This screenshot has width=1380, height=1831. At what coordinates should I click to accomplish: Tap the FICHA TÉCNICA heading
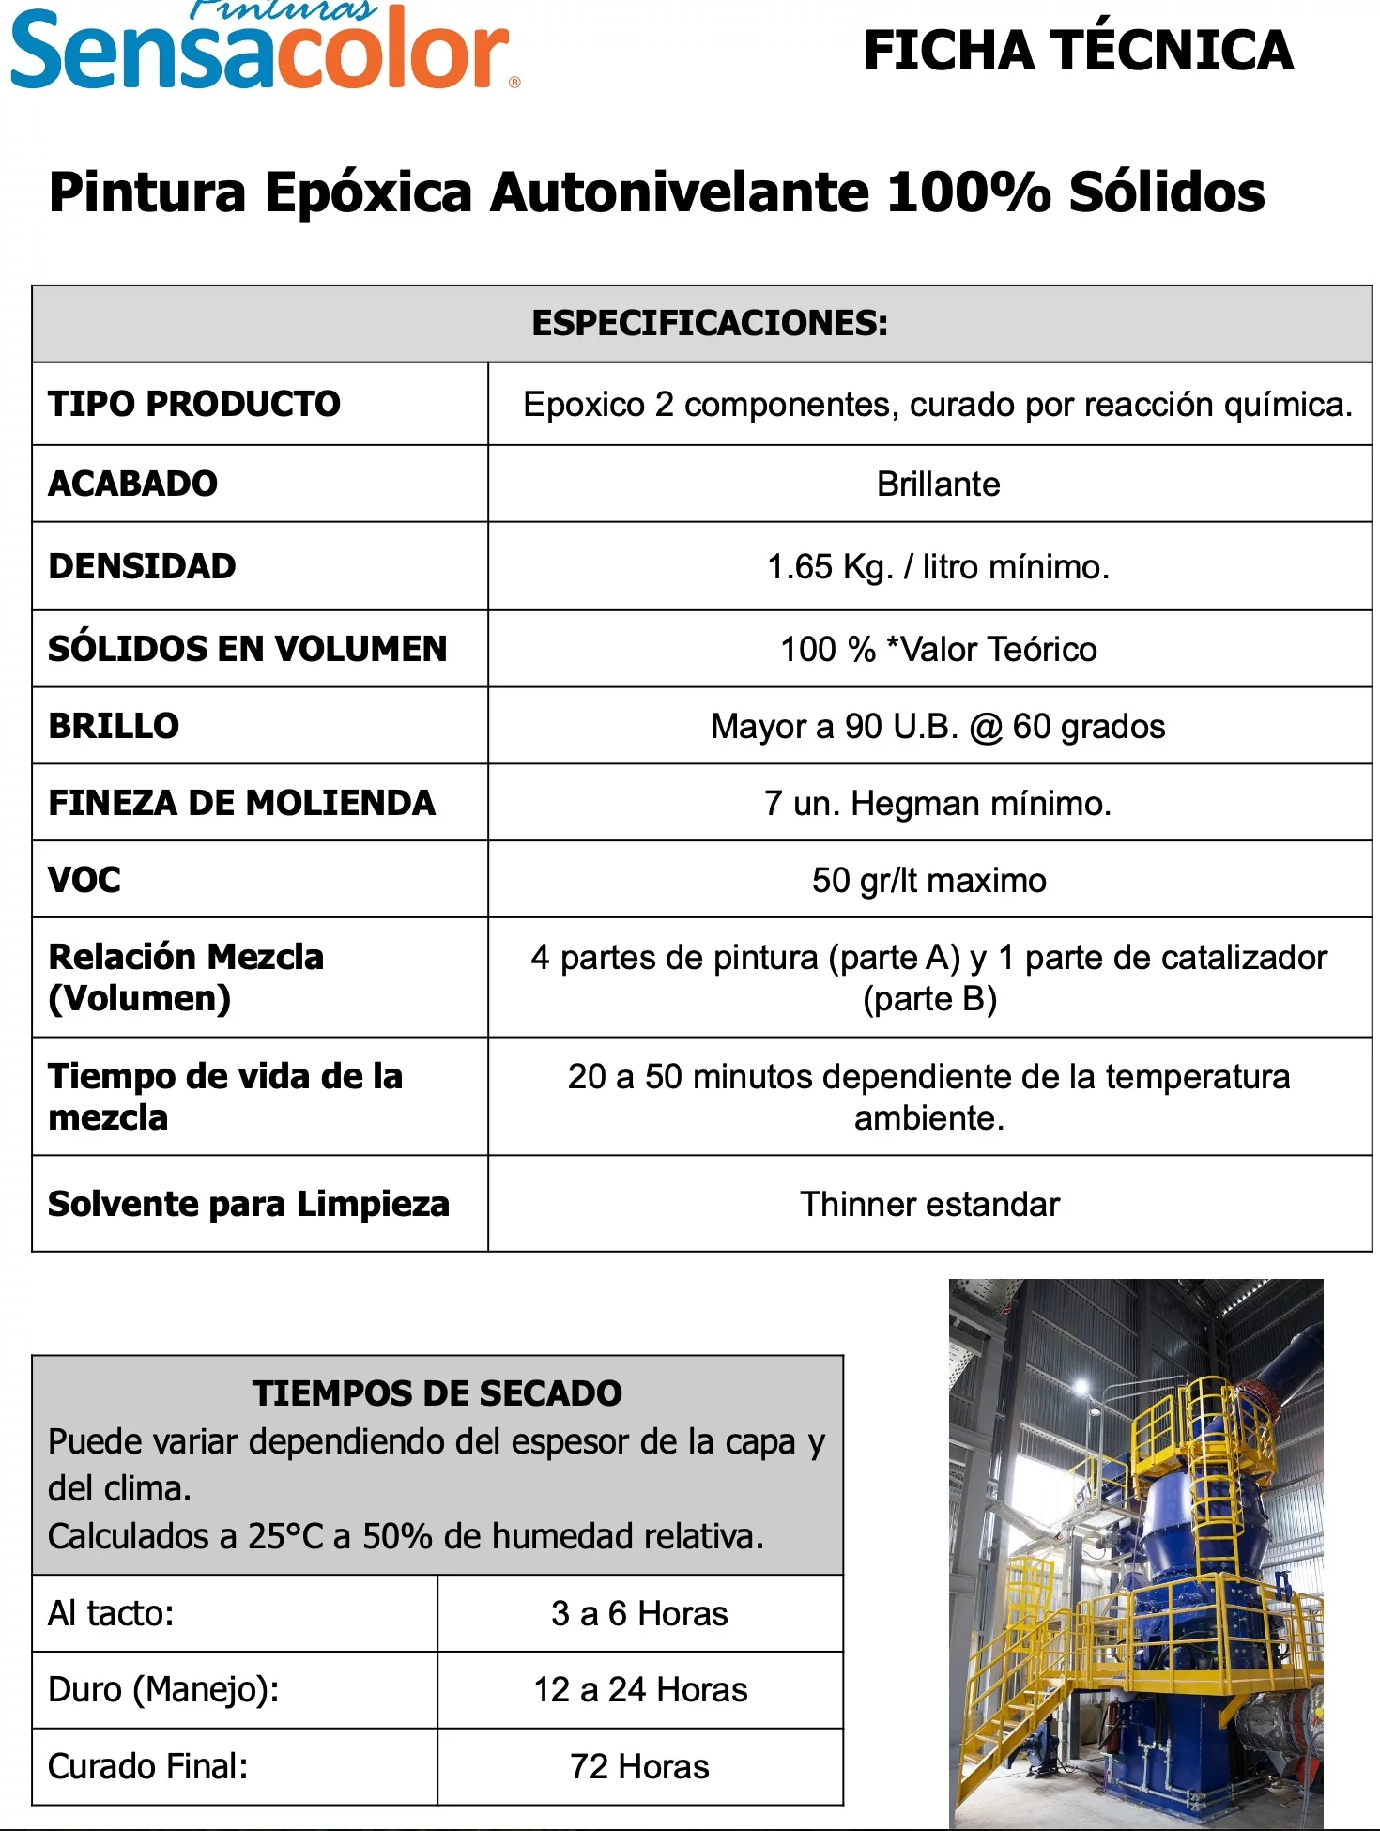(1078, 51)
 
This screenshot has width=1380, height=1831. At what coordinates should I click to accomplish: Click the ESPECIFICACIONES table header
(709, 323)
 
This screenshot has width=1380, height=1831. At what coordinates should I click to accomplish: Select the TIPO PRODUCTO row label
(194, 404)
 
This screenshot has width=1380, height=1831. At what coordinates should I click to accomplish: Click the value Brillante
(938, 485)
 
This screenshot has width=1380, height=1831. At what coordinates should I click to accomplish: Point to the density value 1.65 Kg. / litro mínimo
(938, 567)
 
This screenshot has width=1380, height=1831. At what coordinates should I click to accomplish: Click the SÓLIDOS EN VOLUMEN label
(248, 649)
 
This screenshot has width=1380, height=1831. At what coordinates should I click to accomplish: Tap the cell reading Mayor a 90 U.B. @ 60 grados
(938, 727)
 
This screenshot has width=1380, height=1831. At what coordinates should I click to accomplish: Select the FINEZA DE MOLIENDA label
(242, 803)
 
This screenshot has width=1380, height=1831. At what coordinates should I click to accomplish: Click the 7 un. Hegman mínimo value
(938, 804)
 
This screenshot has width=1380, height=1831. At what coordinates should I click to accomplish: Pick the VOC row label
(84, 880)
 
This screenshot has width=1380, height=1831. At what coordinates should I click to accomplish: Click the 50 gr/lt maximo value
(929, 881)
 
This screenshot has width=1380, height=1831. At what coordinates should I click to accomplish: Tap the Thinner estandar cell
(929, 1205)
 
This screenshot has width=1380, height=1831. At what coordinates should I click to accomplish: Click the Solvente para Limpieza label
(249, 1204)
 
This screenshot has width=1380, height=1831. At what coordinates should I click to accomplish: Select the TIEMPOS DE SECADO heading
(437, 1393)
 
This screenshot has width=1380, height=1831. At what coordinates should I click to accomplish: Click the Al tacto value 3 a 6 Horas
(639, 1614)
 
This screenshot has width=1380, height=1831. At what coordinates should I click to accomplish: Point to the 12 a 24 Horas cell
(640, 1690)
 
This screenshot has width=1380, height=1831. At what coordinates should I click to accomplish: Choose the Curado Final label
(148, 1767)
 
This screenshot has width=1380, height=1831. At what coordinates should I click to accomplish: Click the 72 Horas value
(639, 1767)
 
